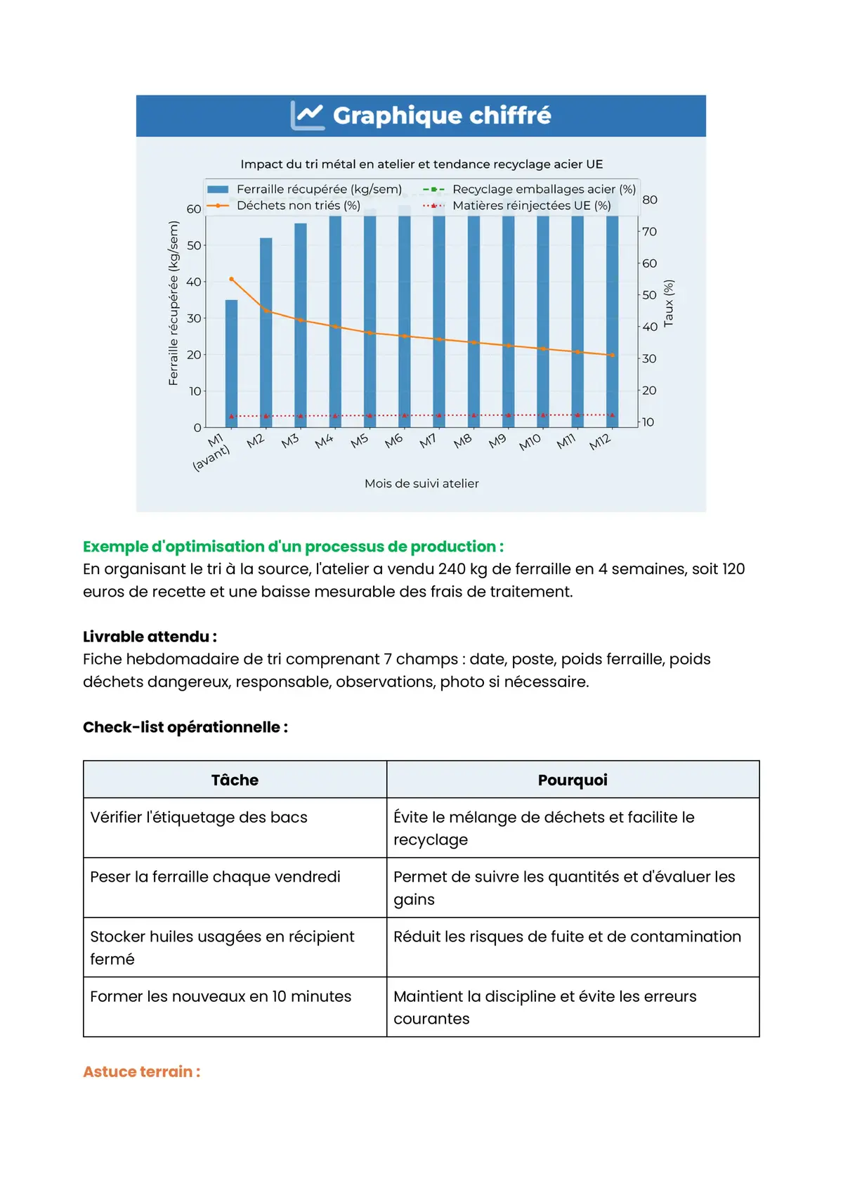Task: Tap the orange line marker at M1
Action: point(231,279)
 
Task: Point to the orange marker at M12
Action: point(613,356)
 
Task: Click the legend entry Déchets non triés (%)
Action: point(298,206)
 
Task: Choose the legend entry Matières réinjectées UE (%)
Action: point(531,206)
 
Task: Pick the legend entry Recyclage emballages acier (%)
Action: point(544,190)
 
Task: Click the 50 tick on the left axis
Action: point(194,245)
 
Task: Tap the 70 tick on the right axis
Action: point(649,232)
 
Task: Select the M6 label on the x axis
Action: point(393,441)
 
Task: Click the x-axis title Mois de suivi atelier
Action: point(421,483)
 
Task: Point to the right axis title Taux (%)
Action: point(669,303)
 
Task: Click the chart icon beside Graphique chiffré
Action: point(308,115)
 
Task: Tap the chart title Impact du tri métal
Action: point(421,164)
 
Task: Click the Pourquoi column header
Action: point(573,780)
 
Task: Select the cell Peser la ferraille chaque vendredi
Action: point(215,877)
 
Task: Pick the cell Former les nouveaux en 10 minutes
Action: point(221,996)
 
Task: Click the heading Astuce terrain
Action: point(141,1071)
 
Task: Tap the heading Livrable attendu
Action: point(150,637)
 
